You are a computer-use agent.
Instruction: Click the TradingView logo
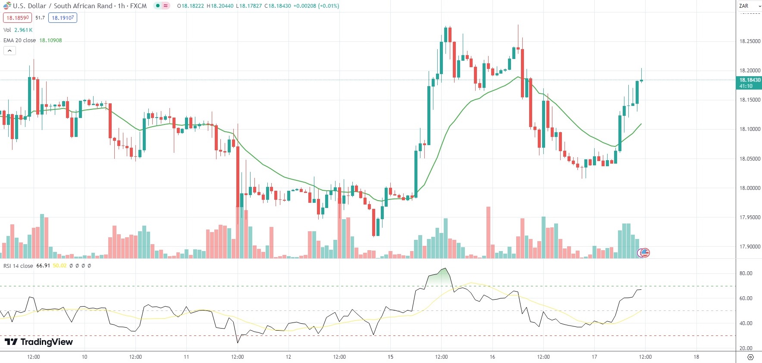tap(39, 342)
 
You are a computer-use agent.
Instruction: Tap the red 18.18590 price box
tap(18, 18)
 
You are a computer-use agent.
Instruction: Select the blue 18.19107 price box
tap(63, 18)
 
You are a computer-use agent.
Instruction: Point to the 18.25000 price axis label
tap(750, 41)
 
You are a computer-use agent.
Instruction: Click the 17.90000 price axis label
tap(750, 247)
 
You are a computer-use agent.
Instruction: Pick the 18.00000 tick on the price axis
tap(750, 188)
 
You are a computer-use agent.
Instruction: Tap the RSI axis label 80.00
tap(746, 273)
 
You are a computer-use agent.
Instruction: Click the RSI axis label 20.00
tap(746, 348)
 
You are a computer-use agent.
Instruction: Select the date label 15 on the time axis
tap(390, 357)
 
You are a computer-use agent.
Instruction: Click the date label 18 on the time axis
tap(696, 357)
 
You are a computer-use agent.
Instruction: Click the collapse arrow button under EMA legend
tap(9, 51)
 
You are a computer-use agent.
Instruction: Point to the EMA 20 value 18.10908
tap(50, 40)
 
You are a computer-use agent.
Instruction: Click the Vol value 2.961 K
tap(23, 30)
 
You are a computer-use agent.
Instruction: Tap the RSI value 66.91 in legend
tap(43, 266)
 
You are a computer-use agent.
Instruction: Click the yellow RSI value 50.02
tap(60, 266)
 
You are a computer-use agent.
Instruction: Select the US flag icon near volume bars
tap(644, 253)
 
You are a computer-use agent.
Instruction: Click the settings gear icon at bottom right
tap(750, 357)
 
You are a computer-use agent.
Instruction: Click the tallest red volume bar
tap(488, 233)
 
